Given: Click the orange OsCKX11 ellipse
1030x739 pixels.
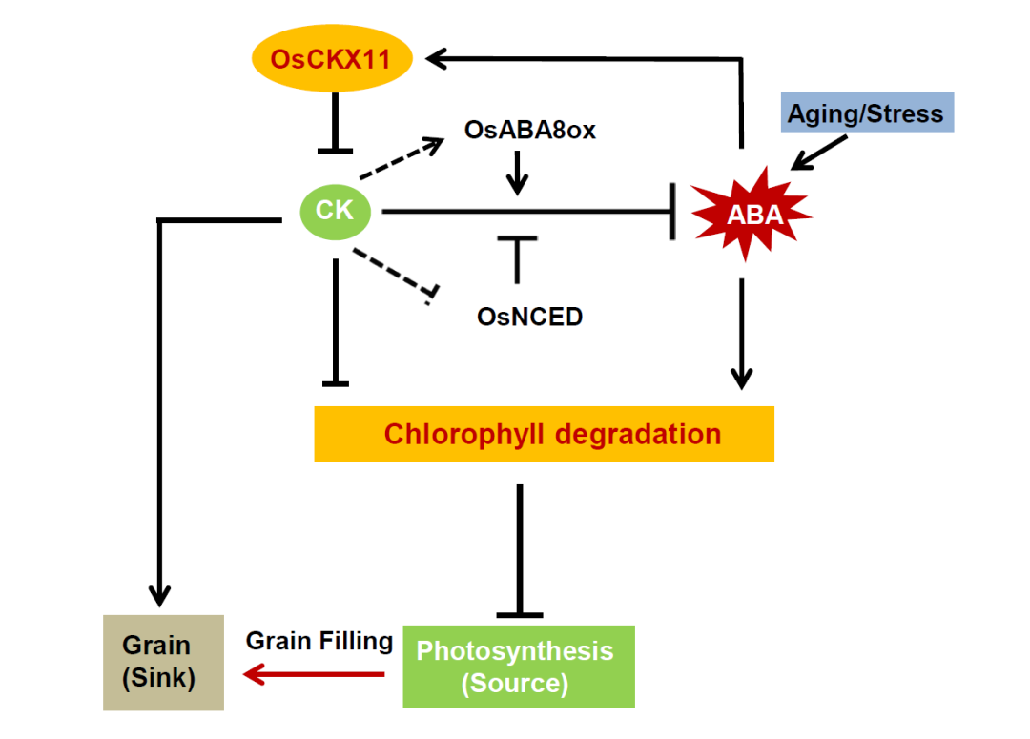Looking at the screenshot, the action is (332, 58).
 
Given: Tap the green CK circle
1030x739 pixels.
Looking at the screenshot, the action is (335, 212).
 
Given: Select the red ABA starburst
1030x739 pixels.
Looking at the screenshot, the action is (752, 215).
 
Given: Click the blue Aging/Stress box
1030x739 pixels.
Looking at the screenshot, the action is (867, 113).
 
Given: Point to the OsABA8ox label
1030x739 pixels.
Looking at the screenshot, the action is (529, 130).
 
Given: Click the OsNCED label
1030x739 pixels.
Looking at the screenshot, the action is (529, 317).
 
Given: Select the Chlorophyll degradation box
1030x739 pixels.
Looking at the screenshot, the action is (544, 434).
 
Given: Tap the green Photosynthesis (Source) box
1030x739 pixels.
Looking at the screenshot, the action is (519, 667).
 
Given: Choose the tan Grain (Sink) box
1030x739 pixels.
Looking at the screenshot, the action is (164, 662).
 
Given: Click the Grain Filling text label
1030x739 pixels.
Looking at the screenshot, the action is (319, 641).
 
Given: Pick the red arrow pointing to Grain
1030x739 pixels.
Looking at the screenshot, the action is (314, 674).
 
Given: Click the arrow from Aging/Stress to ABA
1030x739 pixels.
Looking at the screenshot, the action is (818, 154).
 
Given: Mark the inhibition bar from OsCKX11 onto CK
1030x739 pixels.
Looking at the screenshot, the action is (335, 122).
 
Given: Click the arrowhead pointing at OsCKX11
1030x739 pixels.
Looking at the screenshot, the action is (437, 58).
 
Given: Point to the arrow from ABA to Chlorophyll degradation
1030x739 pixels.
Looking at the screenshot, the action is (742, 334).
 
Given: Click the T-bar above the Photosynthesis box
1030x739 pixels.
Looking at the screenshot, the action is (520, 551).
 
